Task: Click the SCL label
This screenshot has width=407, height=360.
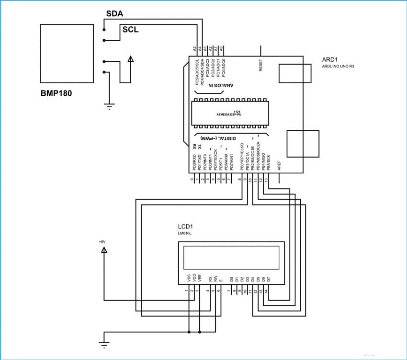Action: pos(131,30)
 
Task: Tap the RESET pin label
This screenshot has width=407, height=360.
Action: pos(261,66)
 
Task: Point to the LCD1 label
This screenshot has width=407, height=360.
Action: pos(185,226)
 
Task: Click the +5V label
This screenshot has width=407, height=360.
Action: pos(102,242)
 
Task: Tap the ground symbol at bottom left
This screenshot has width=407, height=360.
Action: pos(104,343)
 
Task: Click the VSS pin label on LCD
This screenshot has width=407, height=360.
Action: pos(188,278)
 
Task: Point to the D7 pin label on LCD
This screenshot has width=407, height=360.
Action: pos(269,278)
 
